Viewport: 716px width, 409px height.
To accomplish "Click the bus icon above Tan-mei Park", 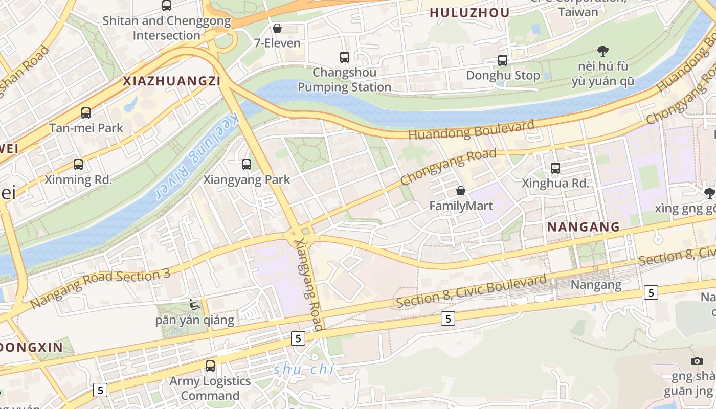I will [x=86, y=113].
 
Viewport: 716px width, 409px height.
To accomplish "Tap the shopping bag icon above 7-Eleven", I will [x=277, y=28].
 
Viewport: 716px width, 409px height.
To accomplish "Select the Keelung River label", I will [x=196, y=156].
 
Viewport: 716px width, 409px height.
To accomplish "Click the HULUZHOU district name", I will [x=469, y=13].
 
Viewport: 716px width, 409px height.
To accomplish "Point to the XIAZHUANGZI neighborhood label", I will [x=171, y=81].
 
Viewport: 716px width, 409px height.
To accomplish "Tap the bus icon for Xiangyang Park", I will [x=247, y=165].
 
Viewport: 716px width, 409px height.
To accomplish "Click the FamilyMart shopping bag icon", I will [x=461, y=191].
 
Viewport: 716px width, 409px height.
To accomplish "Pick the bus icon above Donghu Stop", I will [x=503, y=60].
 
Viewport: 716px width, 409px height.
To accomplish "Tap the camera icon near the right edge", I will [x=697, y=361].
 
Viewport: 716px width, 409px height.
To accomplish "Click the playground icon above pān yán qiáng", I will [x=194, y=305].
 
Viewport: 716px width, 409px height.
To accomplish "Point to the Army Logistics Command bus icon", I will [x=210, y=366].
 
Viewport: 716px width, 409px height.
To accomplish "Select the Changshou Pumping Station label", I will [x=344, y=80].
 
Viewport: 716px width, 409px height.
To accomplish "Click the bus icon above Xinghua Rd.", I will [x=555, y=168].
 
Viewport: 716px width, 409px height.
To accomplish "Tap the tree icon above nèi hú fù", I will [x=603, y=51].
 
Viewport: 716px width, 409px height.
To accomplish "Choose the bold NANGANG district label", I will [x=583, y=227].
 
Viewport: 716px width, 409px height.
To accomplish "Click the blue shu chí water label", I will [x=303, y=369].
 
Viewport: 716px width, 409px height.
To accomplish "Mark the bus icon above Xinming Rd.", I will [x=78, y=165].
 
